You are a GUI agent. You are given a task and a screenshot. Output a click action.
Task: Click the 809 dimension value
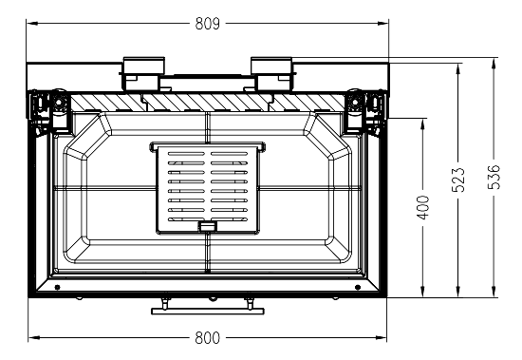tap(208, 24)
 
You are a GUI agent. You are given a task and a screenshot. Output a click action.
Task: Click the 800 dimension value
tap(208, 337)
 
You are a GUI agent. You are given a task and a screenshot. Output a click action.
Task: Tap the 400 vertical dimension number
tap(423, 207)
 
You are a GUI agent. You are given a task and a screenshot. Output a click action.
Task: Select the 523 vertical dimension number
tap(458, 180)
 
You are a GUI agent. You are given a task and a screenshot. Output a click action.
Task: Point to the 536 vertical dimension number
tap(494, 177)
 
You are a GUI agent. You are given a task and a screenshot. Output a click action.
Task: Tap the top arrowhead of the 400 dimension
tap(422, 123)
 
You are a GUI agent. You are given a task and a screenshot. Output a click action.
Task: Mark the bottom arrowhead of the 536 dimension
tap(494, 292)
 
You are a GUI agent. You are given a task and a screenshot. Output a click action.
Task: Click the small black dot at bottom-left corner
tap(57, 287)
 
